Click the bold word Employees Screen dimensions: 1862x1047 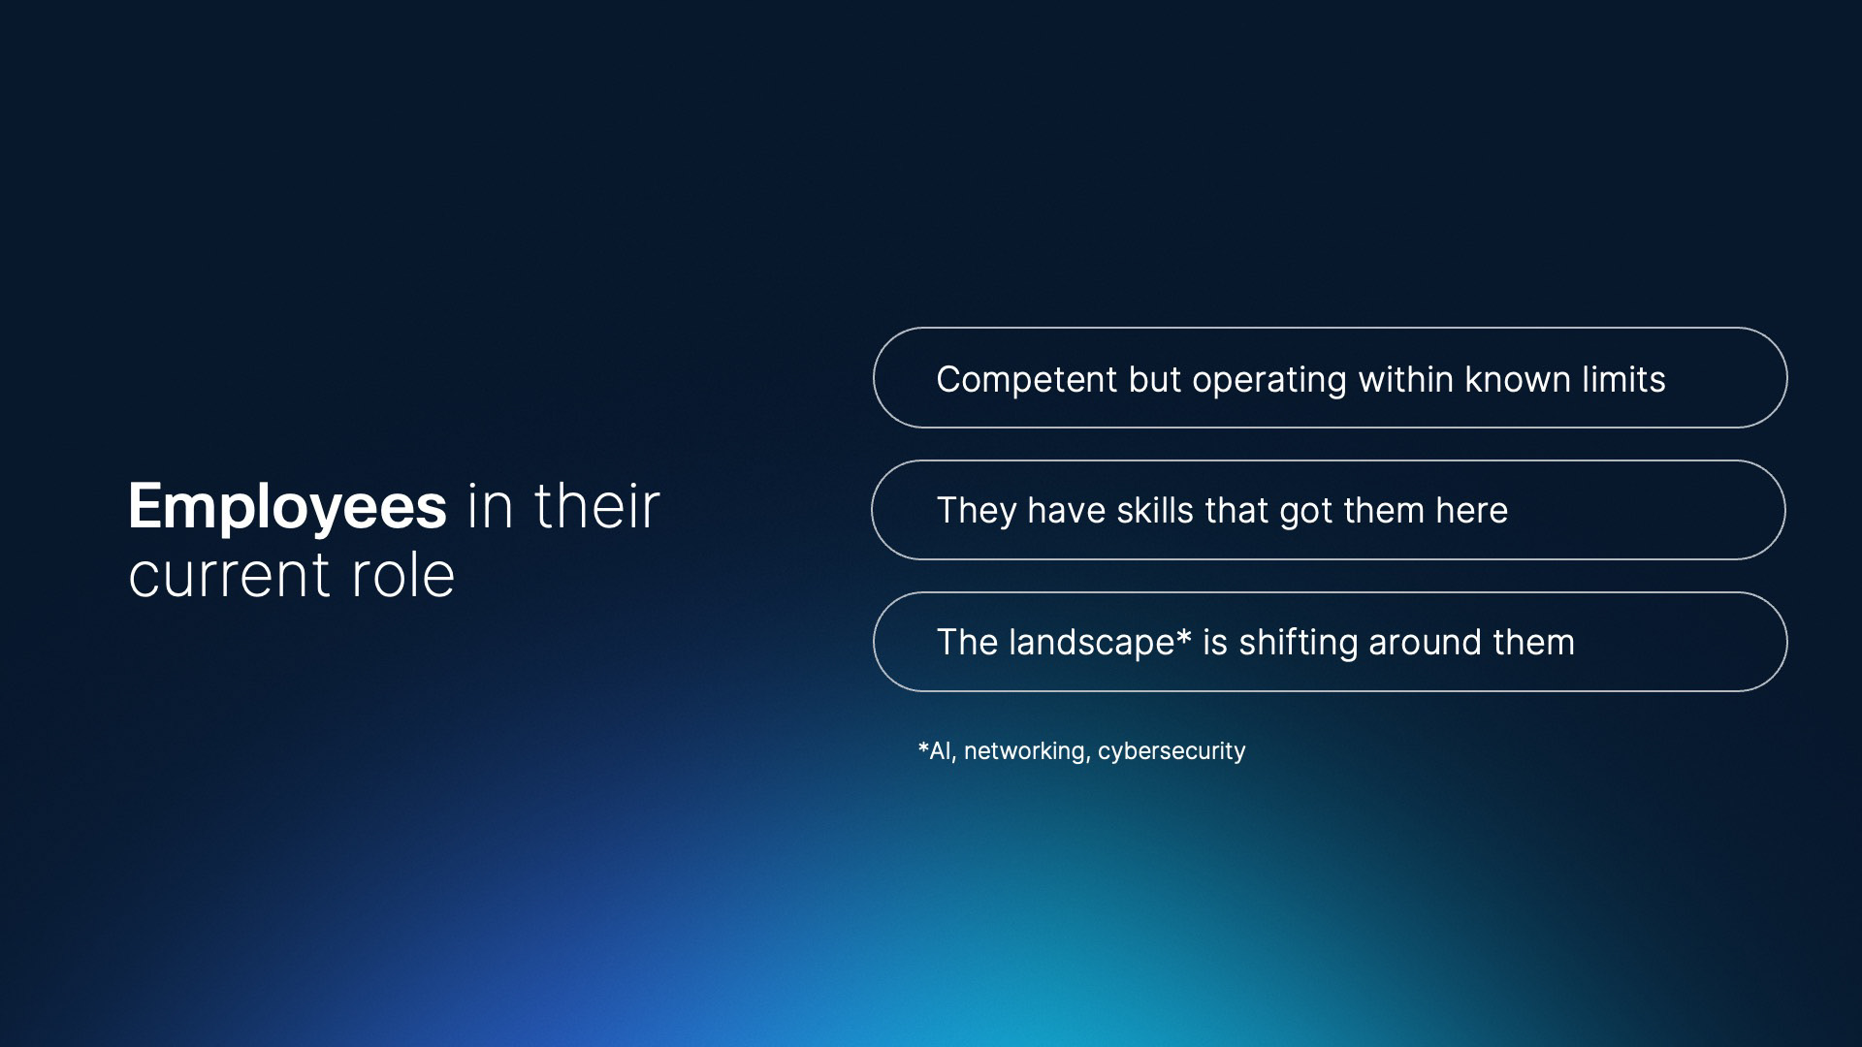pyautogui.click(x=287, y=508)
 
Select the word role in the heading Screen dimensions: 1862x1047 pyautogui.click(x=402, y=574)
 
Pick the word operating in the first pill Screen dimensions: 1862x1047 pyautogui.click(x=1269, y=381)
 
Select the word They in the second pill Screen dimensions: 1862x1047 pyautogui.click(x=977, y=511)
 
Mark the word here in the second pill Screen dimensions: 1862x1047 pyautogui.click(x=1472, y=510)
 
